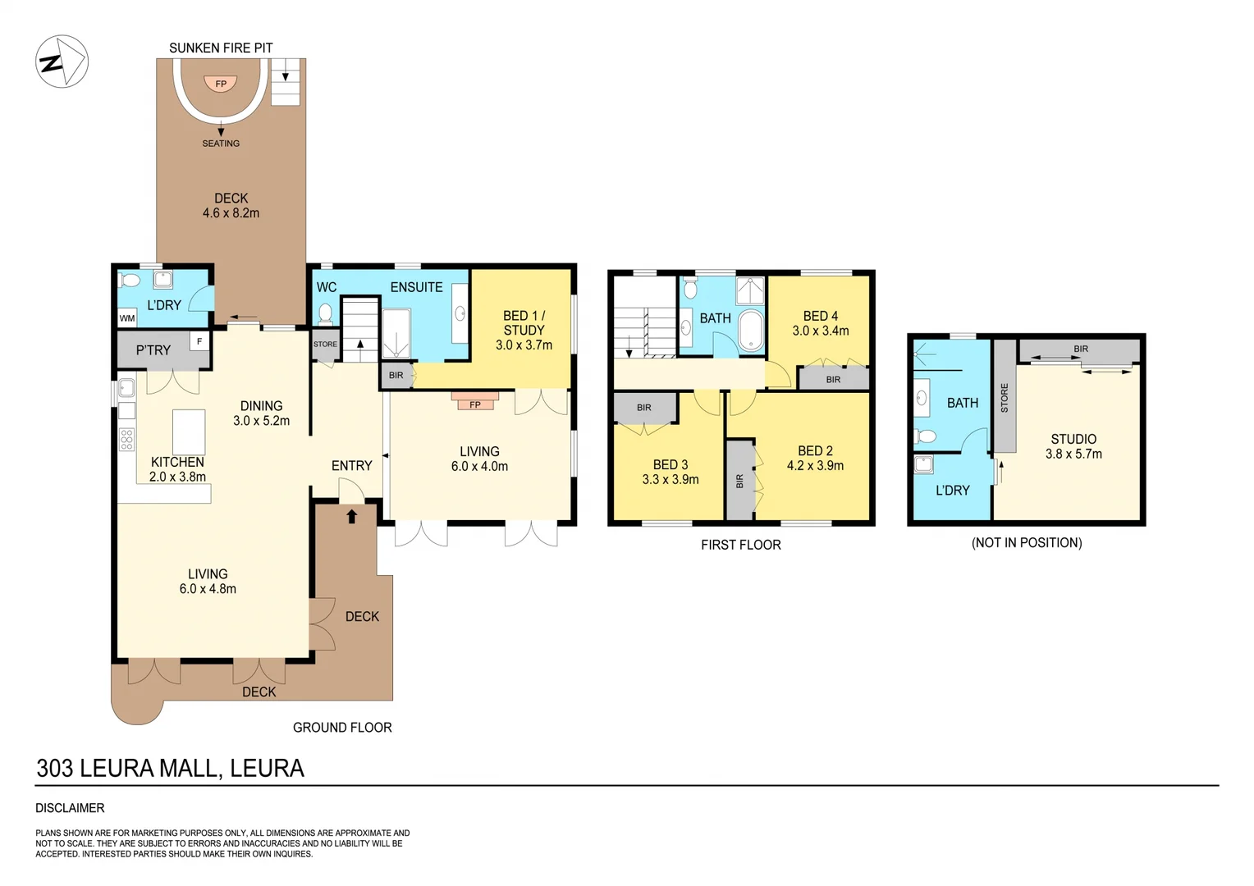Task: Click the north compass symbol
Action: coord(62,62)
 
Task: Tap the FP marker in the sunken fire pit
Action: coord(221,84)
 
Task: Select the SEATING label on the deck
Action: coord(221,144)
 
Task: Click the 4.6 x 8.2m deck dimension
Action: coord(231,213)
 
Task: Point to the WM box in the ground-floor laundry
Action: coord(127,318)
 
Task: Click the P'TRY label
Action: coord(153,350)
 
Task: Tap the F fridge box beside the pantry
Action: coord(199,341)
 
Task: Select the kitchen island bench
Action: coord(188,432)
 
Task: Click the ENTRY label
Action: coord(351,466)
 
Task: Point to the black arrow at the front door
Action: coord(352,516)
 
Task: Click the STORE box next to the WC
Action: coord(325,345)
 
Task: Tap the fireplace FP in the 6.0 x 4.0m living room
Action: coord(474,404)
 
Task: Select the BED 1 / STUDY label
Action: coord(524,323)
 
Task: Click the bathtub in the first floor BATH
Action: coord(751,331)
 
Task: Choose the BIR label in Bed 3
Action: coord(643,408)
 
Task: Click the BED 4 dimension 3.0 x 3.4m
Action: coord(820,331)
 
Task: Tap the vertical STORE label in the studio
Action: coord(1005,398)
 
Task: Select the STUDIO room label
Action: coord(1073,439)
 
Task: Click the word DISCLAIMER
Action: coord(70,808)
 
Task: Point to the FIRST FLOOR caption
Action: coord(740,545)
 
